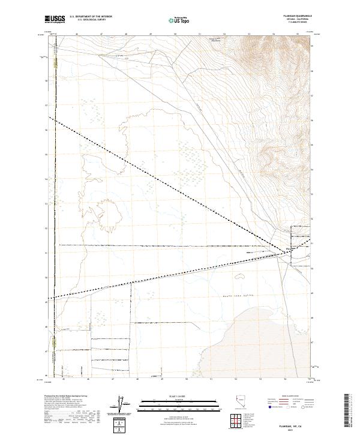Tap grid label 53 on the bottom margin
260,379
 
